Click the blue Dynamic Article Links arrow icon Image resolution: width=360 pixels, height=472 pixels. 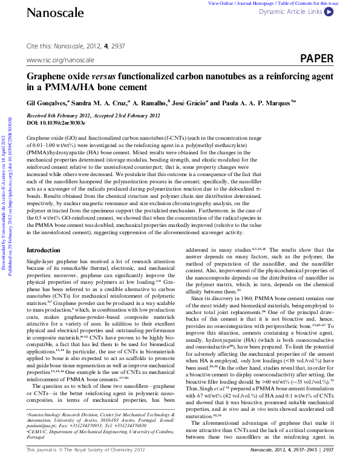pos(329,11)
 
